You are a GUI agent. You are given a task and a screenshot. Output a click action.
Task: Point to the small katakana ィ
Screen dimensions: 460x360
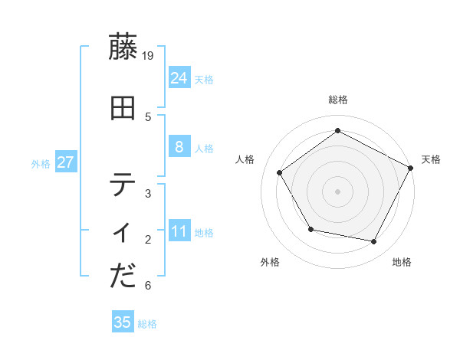point(123,232)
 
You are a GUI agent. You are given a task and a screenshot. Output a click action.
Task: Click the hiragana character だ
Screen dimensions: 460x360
point(123,277)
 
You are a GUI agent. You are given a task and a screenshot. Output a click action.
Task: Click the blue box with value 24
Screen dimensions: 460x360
point(179,77)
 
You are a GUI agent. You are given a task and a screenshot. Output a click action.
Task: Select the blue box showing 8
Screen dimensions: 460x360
point(179,147)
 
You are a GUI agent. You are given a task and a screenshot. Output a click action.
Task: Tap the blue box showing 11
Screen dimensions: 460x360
point(179,231)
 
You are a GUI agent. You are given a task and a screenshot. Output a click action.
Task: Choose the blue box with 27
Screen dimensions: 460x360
point(65,162)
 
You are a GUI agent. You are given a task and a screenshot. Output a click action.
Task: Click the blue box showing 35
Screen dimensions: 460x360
point(123,322)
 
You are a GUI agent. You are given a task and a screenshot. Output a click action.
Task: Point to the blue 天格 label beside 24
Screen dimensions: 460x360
point(204,79)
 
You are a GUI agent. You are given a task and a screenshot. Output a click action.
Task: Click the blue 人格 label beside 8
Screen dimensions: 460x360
point(204,149)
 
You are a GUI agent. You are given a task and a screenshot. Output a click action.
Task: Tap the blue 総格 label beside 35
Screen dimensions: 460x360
point(147,324)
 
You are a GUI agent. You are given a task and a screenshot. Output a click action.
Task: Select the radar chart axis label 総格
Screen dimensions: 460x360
point(338,100)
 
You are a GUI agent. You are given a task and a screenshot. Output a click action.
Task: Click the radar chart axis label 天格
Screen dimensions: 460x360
point(431,159)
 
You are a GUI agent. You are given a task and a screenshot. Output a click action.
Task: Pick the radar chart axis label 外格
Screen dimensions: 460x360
point(270,262)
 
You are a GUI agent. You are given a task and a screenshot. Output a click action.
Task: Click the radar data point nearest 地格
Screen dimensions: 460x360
point(374,242)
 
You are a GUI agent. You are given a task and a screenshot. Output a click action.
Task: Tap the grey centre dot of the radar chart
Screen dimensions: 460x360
point(338,191)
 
